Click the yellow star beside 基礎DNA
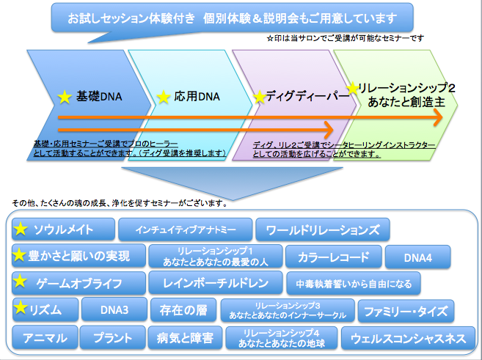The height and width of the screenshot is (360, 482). click(65, 97)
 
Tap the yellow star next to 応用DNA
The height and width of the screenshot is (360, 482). click(163, 97)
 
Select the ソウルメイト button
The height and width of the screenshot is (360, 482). click(63, 229)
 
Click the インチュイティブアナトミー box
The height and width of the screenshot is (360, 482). click(186, 229)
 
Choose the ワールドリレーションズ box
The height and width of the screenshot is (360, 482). click(323, 229)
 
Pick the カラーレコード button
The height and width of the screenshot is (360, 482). click(334, 257)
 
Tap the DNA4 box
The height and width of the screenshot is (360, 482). click(417, 257)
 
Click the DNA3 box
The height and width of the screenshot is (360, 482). click(114, 309)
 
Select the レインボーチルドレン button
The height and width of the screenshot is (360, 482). click(216, 283)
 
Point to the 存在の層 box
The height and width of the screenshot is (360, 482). click(183, 310)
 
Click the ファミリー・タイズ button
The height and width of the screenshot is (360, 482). click(406, 311)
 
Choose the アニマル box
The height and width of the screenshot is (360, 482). click(45, 337)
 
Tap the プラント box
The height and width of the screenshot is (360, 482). click(112, 337)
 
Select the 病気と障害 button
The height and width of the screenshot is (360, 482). click(185, 338)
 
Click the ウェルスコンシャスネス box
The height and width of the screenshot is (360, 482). click(408, 338)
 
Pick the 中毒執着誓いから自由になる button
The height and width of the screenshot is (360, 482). click(354, 284)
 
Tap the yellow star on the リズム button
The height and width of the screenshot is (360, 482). click(21, 307)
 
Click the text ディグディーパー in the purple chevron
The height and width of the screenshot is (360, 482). click(307, 96)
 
